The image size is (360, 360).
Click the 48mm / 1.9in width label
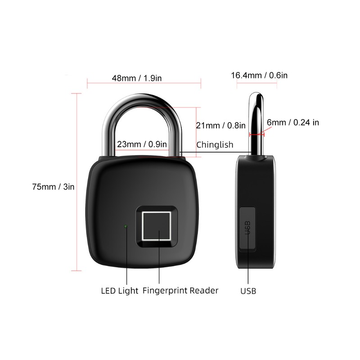[136, 78]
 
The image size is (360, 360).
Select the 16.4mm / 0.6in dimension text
[259, 75]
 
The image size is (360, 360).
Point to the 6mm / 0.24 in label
[292, 122]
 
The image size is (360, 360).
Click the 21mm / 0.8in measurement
[221, 126]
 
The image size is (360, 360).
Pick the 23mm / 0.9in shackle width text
[142, 144]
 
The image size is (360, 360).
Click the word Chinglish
[215, 144]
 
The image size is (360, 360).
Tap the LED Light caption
[119, 290]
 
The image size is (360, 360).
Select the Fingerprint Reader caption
[180, 290]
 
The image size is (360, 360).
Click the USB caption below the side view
[248, 291]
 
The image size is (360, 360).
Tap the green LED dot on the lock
[126, 226]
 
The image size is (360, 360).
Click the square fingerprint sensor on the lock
[157, 226]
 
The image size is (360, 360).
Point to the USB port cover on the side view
[247, 227]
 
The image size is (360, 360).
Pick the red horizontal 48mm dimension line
[144, 83]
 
